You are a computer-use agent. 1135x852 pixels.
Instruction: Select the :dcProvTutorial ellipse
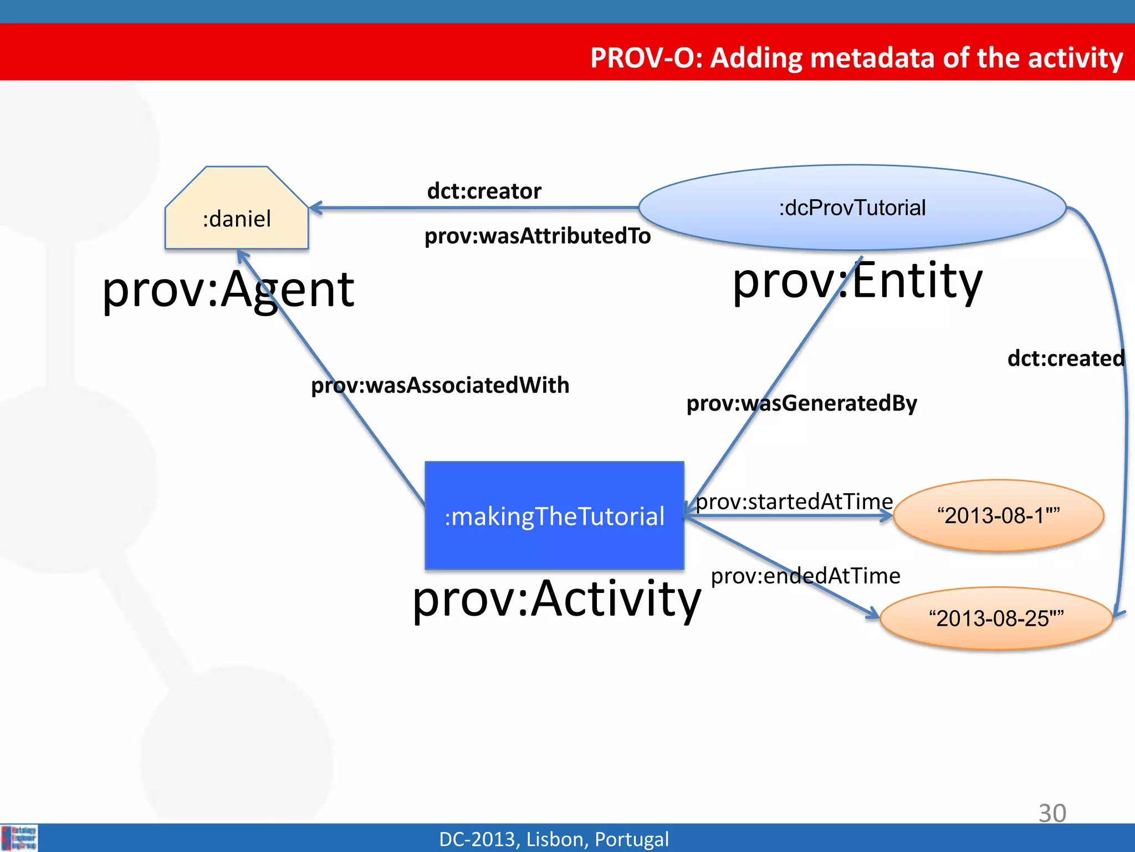[x=852, y=208]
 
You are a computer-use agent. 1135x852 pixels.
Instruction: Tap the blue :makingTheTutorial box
[x=554, y=516]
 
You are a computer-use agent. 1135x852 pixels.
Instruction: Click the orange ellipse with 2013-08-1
[x=998, y=515]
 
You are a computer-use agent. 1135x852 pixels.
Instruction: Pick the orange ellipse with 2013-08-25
[x=996, y=618]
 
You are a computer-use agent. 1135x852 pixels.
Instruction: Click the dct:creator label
[x=484, y=191]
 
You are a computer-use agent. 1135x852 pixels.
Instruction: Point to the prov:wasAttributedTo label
[x=537, y=236]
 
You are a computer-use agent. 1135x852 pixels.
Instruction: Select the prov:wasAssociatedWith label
[x=440, y=386]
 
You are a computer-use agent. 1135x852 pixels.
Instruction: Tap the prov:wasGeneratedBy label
[x=801, y=403]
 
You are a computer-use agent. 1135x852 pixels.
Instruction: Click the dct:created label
[x=1065, y=358]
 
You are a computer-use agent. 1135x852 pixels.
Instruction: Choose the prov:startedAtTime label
[x=794, y=501]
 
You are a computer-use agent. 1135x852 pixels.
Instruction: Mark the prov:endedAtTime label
[x=805, y=576]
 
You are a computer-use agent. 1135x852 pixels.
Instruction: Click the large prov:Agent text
[x=228, y=290]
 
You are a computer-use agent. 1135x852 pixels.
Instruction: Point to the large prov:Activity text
[x=556, y=599]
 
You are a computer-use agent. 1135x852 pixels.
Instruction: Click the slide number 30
[x=1052, y=813]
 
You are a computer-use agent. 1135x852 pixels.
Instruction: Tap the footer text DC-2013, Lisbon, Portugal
[x=554, y=839]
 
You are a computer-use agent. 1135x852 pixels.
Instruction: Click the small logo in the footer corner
[x=19, y=838]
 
